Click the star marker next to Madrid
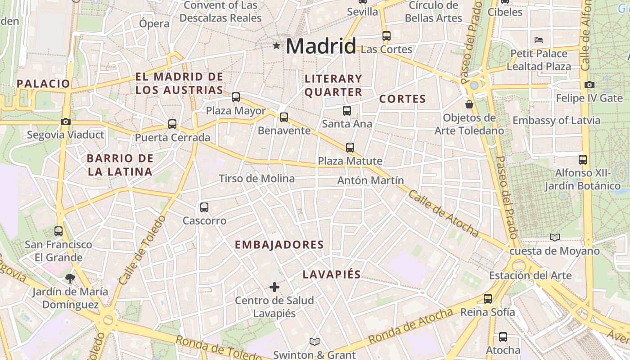[x=276, y=45]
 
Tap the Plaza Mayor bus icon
[x=236, y=97]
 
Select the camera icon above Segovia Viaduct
[x=66, y=121]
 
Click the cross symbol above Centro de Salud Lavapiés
[x=274, y=287]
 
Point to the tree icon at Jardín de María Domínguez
[x=70, y=278]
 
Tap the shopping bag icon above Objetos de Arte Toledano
[x=469, y=104]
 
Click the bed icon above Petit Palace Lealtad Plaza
[x=539, y=40]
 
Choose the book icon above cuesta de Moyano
[x=554, y=237]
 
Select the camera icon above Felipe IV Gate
[x=589, y=85]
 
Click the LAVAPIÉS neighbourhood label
[x=332, y=274]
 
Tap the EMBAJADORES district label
[x=279, y=245]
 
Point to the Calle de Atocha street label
[x=443, y=213]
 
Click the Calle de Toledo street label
[x=142, y=250]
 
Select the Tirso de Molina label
[x=256, y=179]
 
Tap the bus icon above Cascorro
[x=204, y=207]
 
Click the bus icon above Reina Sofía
[x=488, y=298]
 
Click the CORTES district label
[x=402, y=99]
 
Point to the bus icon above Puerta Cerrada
[x=172, y=124]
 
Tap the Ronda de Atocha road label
[x=410, y=326]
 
